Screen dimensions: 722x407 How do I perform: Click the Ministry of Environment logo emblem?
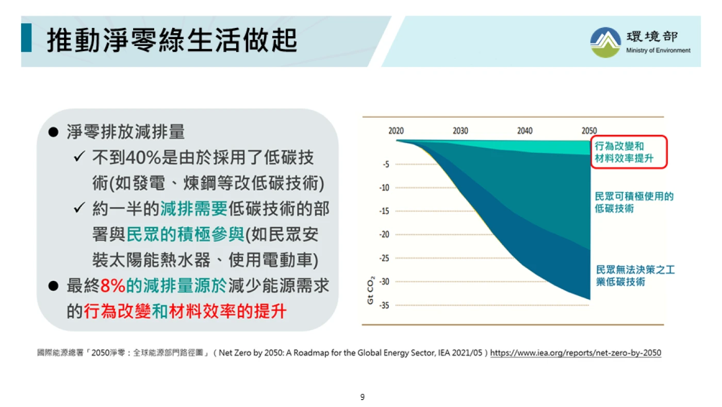point(605,42)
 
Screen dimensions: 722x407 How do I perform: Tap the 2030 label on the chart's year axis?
point(460,131)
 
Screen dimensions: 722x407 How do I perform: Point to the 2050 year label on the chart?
point(589,131)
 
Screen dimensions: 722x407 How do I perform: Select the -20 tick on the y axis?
point(384,234)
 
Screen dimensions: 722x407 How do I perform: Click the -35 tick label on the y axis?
point(384,305)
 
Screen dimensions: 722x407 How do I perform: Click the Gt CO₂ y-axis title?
point(371,290)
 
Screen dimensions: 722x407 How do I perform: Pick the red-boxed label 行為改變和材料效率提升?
point(624,152)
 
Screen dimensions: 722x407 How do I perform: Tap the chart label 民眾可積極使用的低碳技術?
point(634,202)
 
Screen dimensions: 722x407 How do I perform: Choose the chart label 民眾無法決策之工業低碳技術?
point(635,276)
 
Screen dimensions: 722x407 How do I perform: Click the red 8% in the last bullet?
point(112,286)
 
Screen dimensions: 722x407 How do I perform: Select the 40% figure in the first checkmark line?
point(143,158)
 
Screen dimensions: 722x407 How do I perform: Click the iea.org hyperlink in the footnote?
point(576,353)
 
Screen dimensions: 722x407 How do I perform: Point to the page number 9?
point(362,397)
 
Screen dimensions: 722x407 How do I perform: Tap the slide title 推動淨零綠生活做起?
point(172,40)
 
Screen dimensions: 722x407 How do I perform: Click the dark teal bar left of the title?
point(26,37)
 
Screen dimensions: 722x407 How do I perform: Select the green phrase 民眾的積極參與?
point(185,234)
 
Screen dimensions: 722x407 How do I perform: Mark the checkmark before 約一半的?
point(79,208)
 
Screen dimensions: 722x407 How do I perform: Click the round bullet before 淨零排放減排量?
point(53,132)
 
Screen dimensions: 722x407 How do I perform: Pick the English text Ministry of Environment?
point(658,50)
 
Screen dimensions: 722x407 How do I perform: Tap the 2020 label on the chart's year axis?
point(396,131)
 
